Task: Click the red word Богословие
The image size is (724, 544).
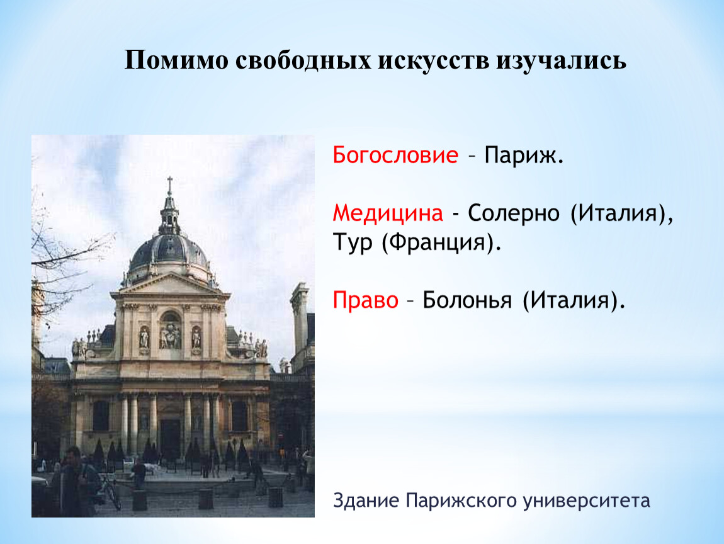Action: tap(395, 155)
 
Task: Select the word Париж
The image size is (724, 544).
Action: tap(524, 155)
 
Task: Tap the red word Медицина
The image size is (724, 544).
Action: tap(388, 213)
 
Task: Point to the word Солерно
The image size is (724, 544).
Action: tap(514, 213)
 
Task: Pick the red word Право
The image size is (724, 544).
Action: tap(365, 300)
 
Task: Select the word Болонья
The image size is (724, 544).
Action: tap(467, 300)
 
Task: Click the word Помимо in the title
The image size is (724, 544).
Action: tap(176, 60)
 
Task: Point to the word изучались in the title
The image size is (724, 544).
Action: tap(562, 60)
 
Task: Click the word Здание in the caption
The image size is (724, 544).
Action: tap(366, 501)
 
